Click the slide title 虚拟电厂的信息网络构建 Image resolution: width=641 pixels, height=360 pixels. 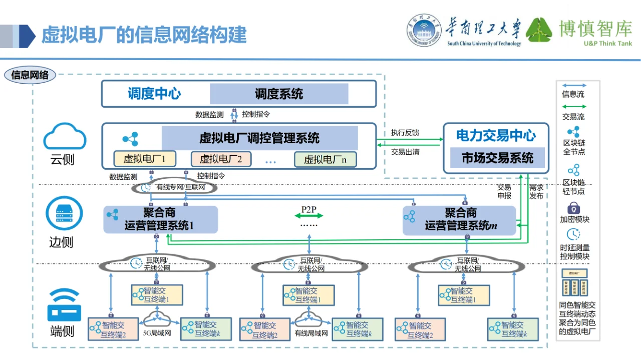point(144,36)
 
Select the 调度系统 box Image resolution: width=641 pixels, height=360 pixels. point(279,94)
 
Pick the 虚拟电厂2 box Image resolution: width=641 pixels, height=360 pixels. point(221,159)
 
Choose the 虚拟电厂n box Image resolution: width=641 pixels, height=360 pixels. point(325,159)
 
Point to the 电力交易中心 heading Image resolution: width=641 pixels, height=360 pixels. point(496,136)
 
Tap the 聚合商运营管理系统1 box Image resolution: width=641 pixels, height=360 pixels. point(161,219)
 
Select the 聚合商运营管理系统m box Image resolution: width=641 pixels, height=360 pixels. point(460,219)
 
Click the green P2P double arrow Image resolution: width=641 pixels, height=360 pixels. point(309,215)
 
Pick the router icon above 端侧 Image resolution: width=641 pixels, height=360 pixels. point(64,305)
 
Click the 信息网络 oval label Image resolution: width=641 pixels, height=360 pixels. point(30,76)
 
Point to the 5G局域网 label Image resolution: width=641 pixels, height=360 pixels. point(157,333)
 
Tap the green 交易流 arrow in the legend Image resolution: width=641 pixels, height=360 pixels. point(573,107)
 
